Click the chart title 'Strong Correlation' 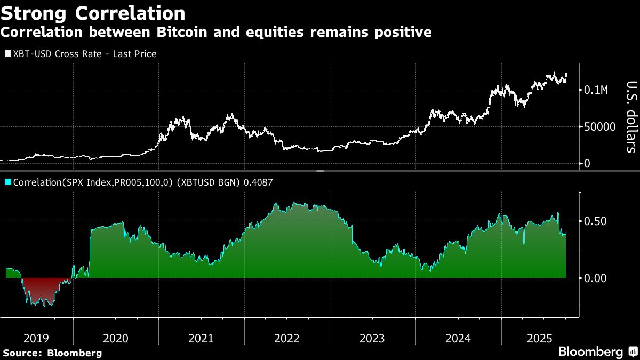[93, 13]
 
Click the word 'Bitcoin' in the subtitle [182, 33]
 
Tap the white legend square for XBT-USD [7, 54]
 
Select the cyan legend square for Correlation [7, 182]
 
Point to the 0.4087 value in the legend [258, 182]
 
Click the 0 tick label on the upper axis [587, 164]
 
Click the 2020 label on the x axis [116, 338]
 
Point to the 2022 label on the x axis [287, 338]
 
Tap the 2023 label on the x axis [372, 338]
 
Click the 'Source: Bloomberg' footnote [52, 353]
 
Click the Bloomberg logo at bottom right [591, 352]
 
